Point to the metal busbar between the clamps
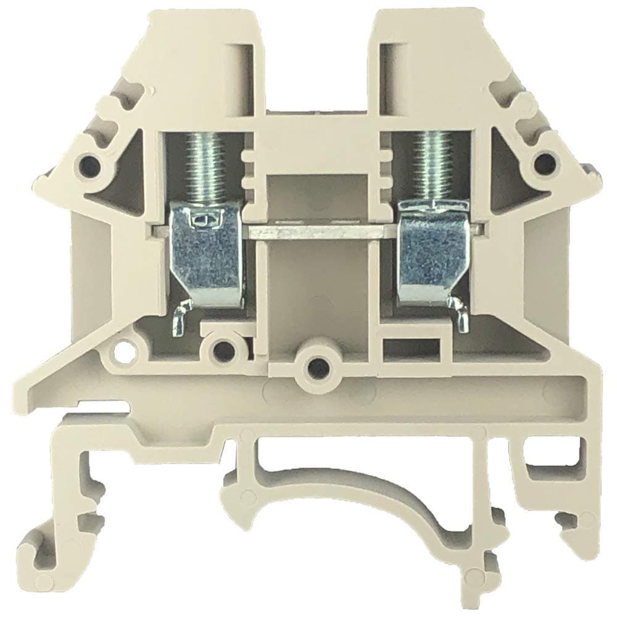tap(318, 233)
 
